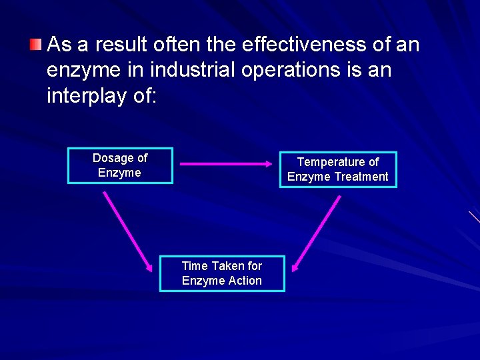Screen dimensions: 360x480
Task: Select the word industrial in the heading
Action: [187, 70]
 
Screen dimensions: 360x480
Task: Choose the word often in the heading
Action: [173, 45]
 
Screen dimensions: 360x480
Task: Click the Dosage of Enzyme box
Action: [120, 165]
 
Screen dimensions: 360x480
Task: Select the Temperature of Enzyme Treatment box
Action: [337, 169]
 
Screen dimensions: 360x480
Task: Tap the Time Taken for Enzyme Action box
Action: [221, 273]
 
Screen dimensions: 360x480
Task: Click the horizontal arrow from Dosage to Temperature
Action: [223, 163]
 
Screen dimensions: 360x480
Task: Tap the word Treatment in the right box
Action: [363, 177]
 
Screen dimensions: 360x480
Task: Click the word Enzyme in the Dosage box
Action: [119, 173]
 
